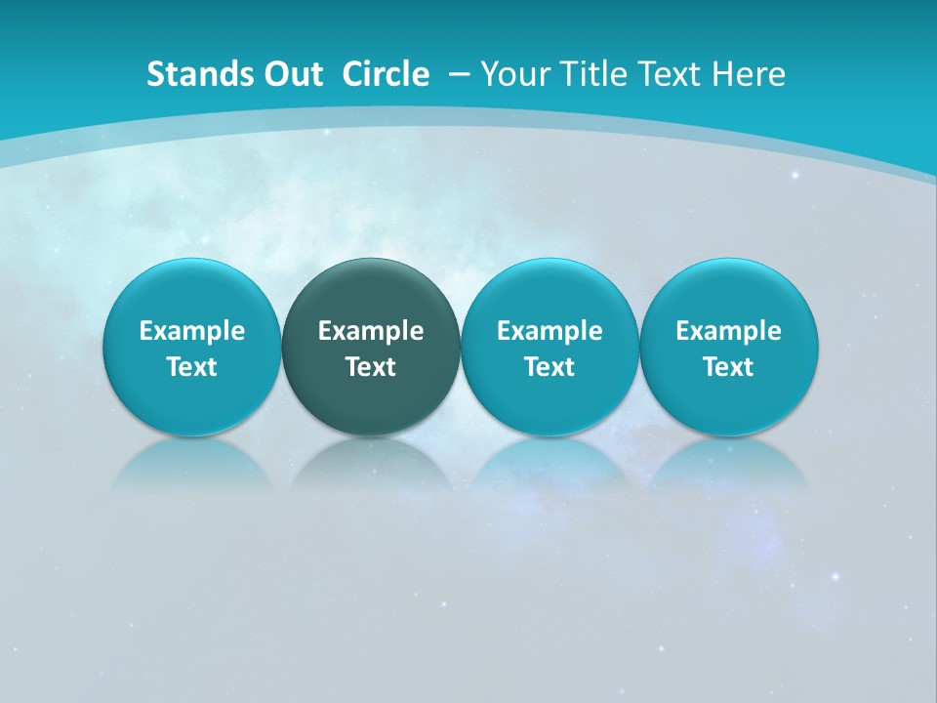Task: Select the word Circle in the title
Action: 385,74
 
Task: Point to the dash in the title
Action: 458,75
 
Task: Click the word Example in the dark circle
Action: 371,332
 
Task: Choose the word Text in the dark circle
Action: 371,367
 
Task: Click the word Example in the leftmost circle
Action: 192,332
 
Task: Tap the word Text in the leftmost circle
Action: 192,367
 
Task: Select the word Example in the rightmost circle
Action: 728,332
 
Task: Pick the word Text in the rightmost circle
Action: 728,367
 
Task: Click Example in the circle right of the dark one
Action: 550,332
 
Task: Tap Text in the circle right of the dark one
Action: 550,367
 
